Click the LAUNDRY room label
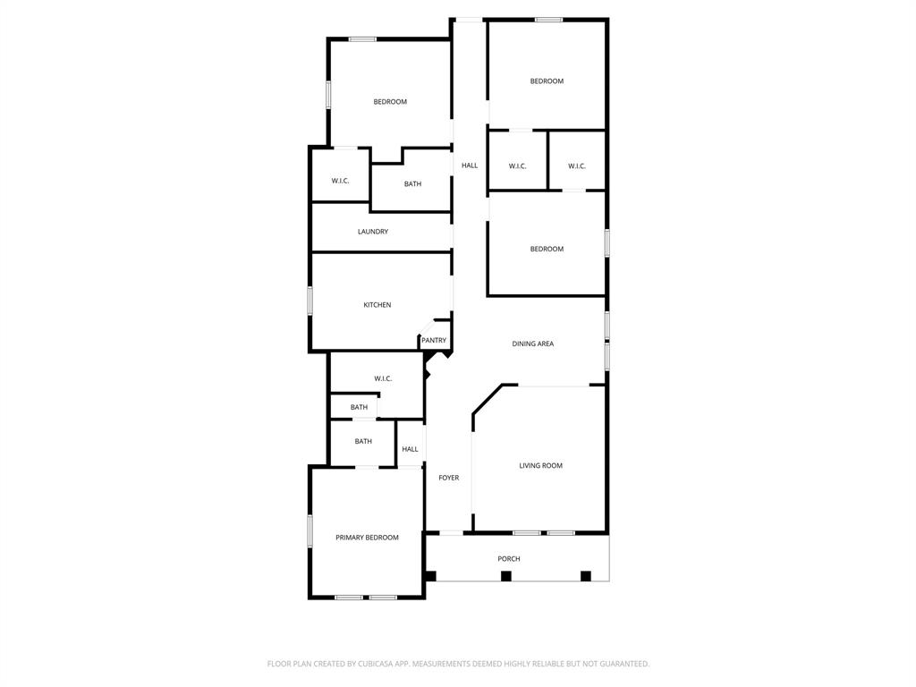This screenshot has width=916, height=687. [373, 232]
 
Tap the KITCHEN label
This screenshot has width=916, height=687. [377, 305]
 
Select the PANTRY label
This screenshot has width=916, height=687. [434, 341]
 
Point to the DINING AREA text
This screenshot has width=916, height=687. [532, 343]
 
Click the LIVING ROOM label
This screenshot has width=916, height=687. [540, 465]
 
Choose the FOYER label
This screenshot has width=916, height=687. [448, 478]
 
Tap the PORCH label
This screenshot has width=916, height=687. [508, 559]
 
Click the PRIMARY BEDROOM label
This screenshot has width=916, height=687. [367, 538]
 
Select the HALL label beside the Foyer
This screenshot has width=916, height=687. [410, 449]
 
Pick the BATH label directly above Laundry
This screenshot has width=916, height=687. [412, 184]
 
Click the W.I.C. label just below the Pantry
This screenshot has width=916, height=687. [383, 378]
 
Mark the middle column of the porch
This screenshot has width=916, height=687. [505, 576]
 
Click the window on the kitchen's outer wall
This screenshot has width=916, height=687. [310, 301]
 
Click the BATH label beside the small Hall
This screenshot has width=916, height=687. [363, 441]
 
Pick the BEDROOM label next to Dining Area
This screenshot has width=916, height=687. [547, 249]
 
